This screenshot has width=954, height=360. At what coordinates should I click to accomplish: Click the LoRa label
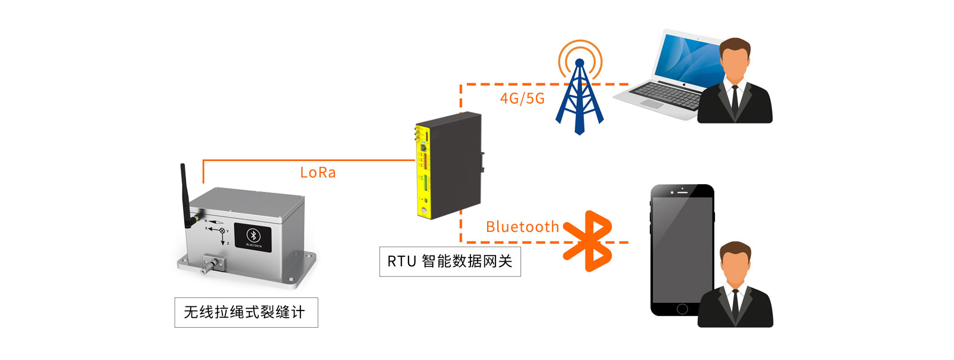pos(318,173)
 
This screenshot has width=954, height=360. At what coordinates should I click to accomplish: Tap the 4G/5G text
pos(522,98)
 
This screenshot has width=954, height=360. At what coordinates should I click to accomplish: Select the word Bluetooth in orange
pos(522,227)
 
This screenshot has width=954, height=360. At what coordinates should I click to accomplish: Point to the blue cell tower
pos(579,101)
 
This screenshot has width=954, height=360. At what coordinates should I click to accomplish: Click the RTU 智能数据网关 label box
pos(450,262)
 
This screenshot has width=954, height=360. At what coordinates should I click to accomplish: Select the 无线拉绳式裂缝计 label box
pos(246,312)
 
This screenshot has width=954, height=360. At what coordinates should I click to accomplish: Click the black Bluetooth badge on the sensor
pos(253,237)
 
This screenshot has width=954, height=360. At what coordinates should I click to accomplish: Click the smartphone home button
pos(682,309)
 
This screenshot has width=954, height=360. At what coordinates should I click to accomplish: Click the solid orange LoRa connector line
pos(310,160)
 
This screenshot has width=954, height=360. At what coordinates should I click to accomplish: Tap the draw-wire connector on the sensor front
pos(211,262)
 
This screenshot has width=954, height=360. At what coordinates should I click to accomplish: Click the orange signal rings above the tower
pos(580,52)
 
